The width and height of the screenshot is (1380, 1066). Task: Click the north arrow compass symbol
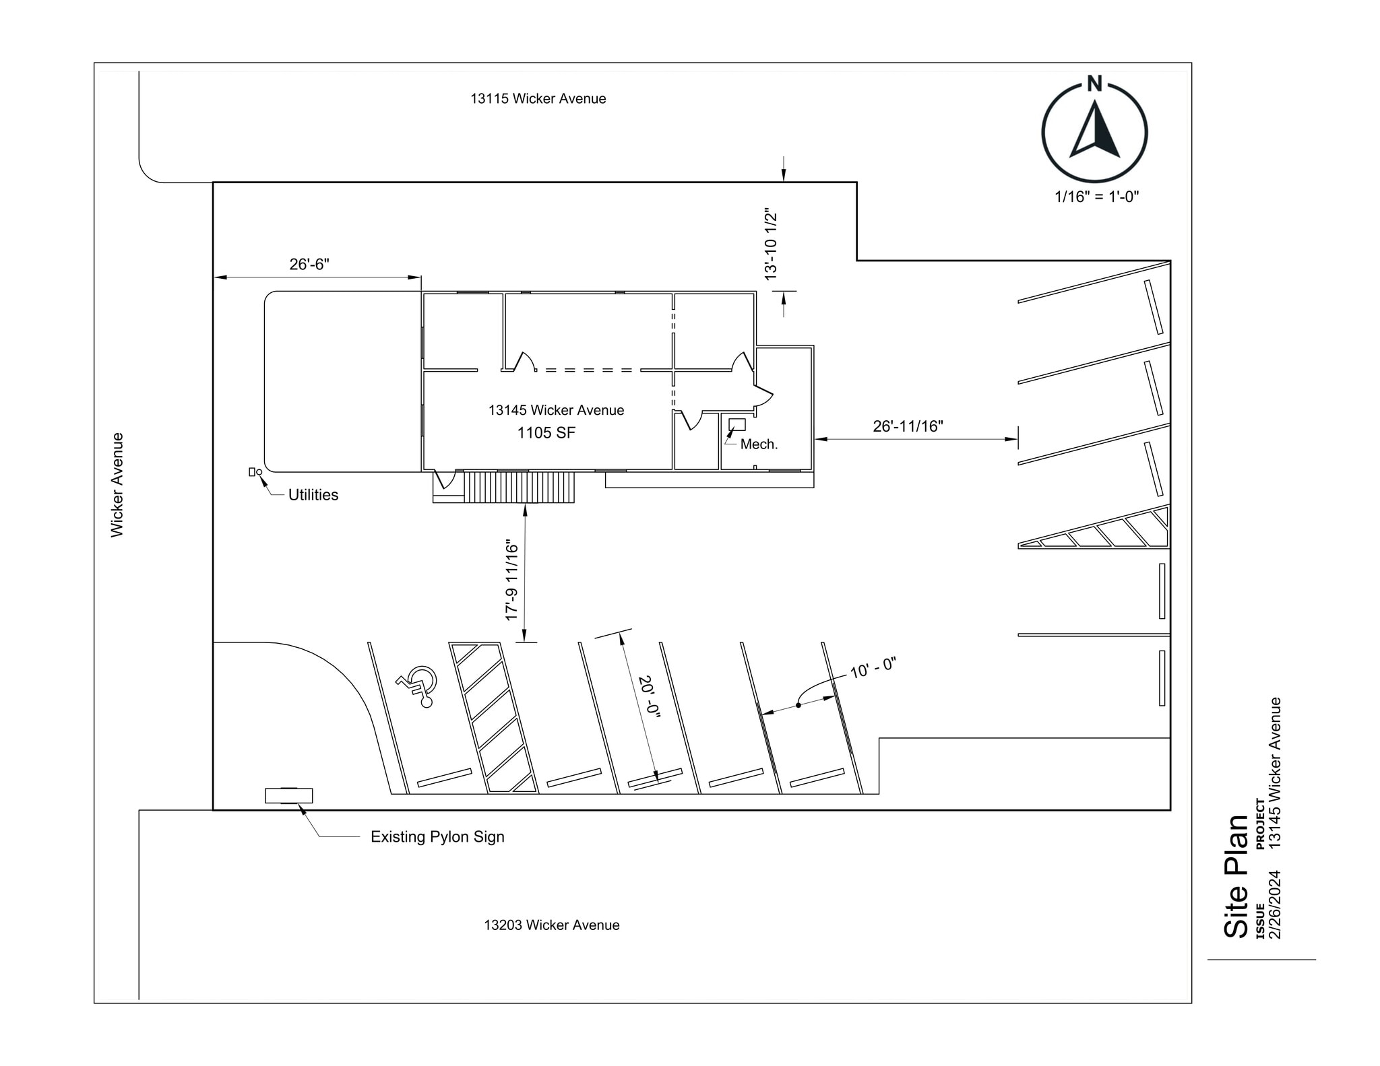coord(1094,131)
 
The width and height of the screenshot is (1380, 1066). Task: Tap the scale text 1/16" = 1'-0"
coord(1096,197)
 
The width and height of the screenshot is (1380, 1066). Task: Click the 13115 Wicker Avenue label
coord(538,99)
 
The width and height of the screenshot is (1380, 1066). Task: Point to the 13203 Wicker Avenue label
coord(551,925)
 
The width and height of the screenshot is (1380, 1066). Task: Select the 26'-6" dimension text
coord(309,264)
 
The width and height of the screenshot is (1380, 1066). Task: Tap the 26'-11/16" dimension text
coord(908,426)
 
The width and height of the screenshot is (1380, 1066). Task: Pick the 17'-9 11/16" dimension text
coord(512,580)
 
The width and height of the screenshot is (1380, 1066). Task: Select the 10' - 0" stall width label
coord(872,668)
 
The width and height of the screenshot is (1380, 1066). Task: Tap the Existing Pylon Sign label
coord(437,837)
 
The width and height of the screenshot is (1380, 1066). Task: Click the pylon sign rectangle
coord(288,796)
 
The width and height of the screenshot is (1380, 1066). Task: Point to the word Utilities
coord(313,495)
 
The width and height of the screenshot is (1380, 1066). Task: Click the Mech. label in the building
coord(759,444)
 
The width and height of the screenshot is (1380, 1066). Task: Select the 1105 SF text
coord(546,433)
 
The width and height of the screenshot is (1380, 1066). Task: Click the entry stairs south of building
coord(520,487)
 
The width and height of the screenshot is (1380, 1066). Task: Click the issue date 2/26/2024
coord(1274,904)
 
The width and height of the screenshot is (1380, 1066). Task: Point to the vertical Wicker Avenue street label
coord(117,485)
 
